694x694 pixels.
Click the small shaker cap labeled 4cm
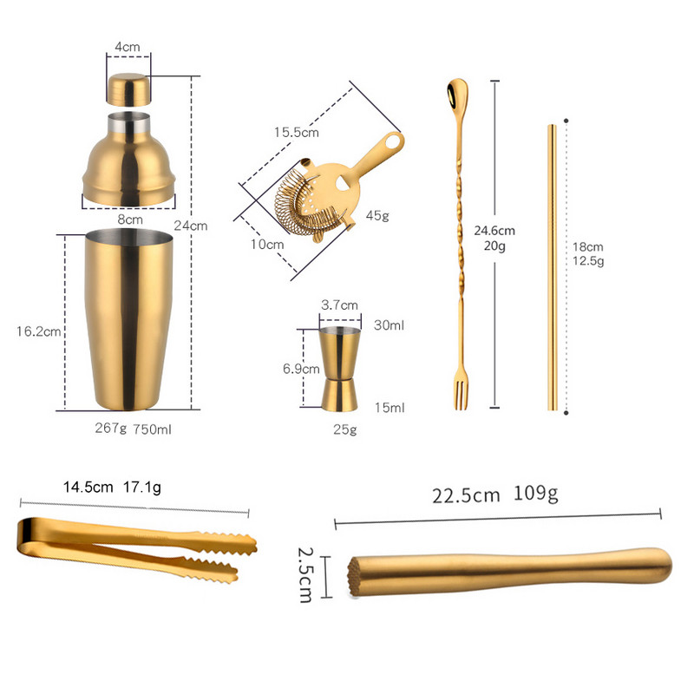coord(128,89)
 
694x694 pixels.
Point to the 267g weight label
coord(110,429)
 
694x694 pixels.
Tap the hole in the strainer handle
coord(395,140)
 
